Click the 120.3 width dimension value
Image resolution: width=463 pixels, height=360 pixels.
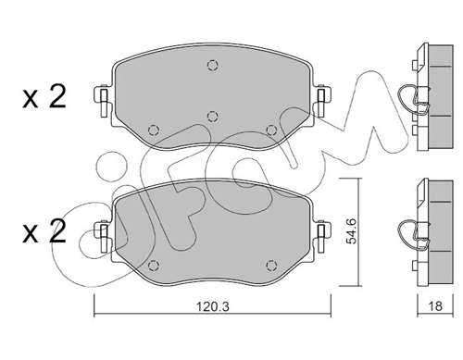213,306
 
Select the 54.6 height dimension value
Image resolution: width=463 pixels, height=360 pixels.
351,230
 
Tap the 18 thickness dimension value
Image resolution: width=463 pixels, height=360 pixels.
435,306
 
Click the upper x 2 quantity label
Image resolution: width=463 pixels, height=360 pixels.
44,96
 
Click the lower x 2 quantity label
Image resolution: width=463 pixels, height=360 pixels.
44,231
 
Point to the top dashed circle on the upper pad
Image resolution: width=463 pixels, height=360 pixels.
212,66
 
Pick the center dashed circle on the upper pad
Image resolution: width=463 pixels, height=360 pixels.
212,117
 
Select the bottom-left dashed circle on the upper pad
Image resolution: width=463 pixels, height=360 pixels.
154,130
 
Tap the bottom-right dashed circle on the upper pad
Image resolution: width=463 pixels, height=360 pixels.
271,130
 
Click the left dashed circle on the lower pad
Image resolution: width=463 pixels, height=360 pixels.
154,266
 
